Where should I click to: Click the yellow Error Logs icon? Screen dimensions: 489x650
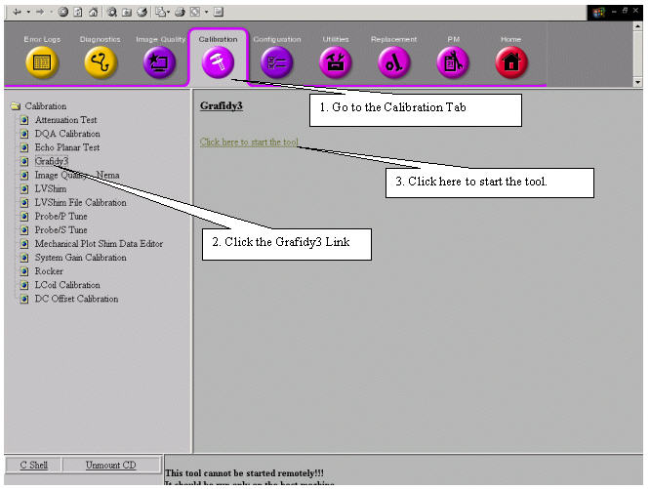point(42,63)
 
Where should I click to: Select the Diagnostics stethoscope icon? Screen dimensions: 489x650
point(100,63)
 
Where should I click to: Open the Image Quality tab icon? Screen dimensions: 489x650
point(159,63)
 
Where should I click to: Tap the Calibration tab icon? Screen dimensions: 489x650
point(218,63)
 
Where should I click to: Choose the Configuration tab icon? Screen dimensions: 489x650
point(276,63)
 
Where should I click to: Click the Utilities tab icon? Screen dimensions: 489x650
point(335,63)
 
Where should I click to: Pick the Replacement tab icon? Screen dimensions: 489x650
point(393,63)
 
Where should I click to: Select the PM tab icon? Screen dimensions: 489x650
point(453,63)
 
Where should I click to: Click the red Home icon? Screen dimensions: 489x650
point(510,63)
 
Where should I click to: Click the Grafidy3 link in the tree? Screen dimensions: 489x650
point(51,161)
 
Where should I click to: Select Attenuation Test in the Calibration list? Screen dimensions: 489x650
point(65,120)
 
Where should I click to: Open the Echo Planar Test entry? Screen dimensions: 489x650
point(66,147)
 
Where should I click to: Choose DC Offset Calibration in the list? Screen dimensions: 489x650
point(76,299)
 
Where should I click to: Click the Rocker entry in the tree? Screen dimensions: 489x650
point(49,271)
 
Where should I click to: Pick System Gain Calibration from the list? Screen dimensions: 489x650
point(80,258)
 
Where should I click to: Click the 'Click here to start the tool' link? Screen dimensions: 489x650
point(249,143)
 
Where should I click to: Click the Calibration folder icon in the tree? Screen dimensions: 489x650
point(15,106)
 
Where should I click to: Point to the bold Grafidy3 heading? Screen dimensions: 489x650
point(221,104)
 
